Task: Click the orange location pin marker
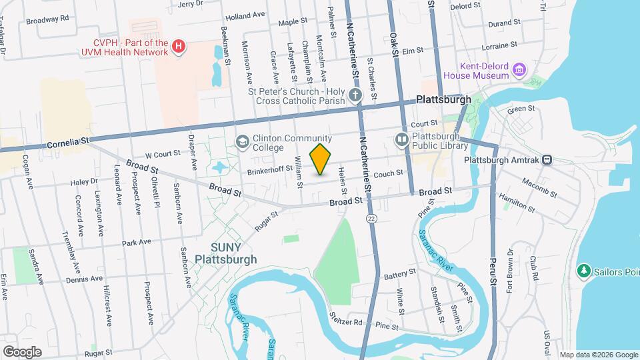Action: (x=321, y=159)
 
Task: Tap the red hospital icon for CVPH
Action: (x=178, y=46)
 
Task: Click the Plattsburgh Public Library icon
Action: (x=402, y=139)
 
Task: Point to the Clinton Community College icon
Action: (x=241, y=141)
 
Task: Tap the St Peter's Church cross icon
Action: (x=355, y=95)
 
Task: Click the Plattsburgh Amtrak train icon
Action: (x=547, y=159)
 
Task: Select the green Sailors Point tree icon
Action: (x=584, y=271)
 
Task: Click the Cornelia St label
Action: (x=67, y=143)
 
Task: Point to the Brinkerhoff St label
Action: (x=271, y=169)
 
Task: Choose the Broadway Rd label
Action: (x=47, y=19)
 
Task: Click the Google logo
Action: (x=21, y=351)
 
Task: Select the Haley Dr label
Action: (x=84, y=181)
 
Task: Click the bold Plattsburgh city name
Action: (x=443, y=99)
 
